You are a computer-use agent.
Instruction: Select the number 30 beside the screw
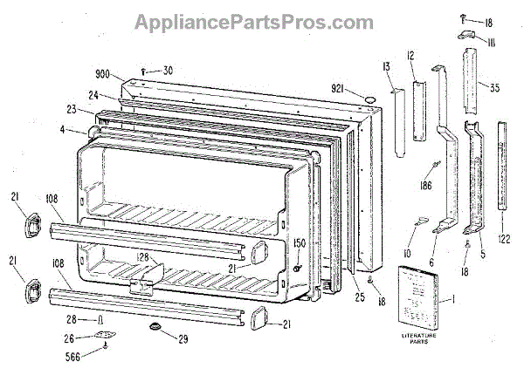click(167, 71)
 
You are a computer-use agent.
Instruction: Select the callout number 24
click(90, 96)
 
